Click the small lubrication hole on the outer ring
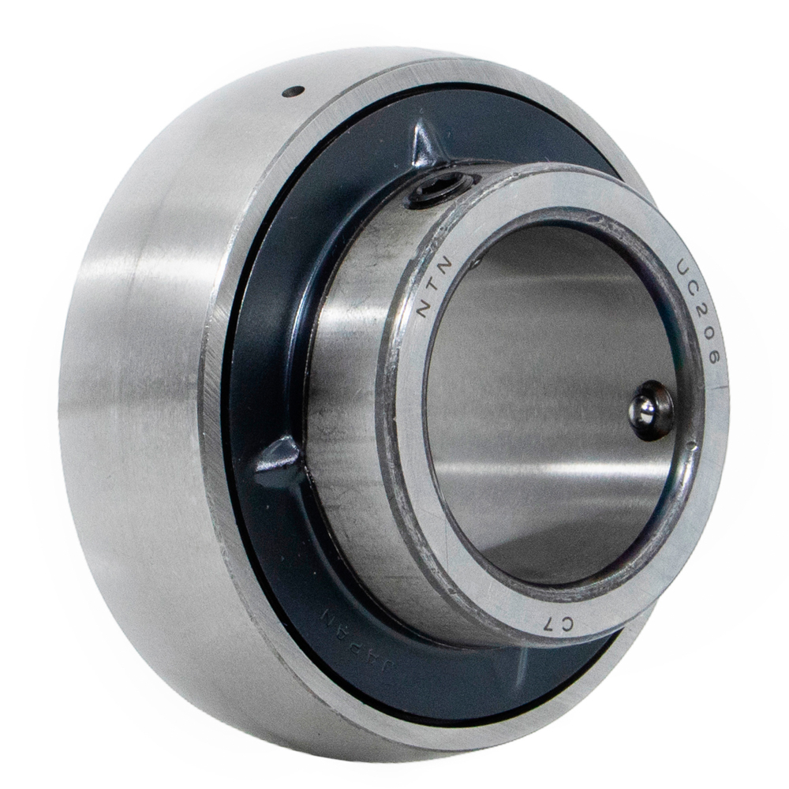click(x=294, y=91)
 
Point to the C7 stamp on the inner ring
click(x=559, y=625)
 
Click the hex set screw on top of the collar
click(x=437, y=189)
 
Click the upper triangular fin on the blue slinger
click(x=425, y=146)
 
